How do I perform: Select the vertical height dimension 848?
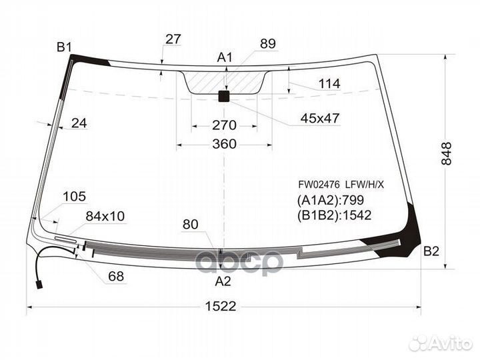[446, 154]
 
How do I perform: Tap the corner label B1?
[64, 47]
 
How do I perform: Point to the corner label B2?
[431, 251]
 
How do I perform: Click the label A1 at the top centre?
[225, 57]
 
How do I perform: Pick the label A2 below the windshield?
[223, 281]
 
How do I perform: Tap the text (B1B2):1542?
[334, 215]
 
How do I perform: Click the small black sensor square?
[224, 97]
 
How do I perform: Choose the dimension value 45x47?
[320, 119]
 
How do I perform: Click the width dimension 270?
[225, 125]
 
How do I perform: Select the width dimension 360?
[225, 144]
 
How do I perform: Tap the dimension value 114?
[329, 84]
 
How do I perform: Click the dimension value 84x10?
[105, 216]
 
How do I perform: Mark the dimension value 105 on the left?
[74, 196]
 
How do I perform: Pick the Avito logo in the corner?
[441, 343]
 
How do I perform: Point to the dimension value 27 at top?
[173, 39]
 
